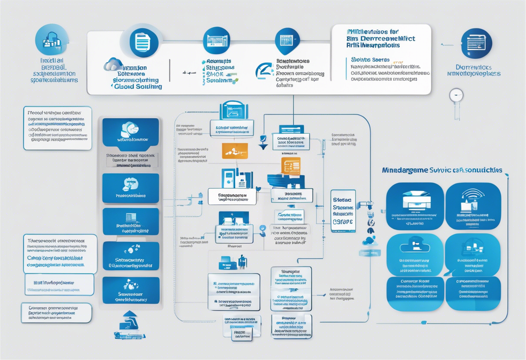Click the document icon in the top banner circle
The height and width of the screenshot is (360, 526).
click(x=142, y=42)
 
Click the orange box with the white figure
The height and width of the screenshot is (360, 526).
click(x=235, y=151)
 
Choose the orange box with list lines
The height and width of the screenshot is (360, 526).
click(x=291, y=166)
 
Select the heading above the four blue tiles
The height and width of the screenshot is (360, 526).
click(x=442, y=170)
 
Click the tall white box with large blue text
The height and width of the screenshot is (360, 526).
click(x=343, y=211)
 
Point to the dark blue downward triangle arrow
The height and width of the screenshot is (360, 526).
click(x=263, y=147)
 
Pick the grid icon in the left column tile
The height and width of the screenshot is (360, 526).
click(x=131, y=217)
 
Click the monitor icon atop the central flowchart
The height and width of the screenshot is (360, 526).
click(x=236, y=111)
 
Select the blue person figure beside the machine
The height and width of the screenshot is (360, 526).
click(x=241, y=262)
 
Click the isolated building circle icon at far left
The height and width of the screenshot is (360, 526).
click(x=52, y=40)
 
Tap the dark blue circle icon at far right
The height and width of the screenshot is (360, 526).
click(x=476, y=43)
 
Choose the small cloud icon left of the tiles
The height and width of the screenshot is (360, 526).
click(x=369, y=241)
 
